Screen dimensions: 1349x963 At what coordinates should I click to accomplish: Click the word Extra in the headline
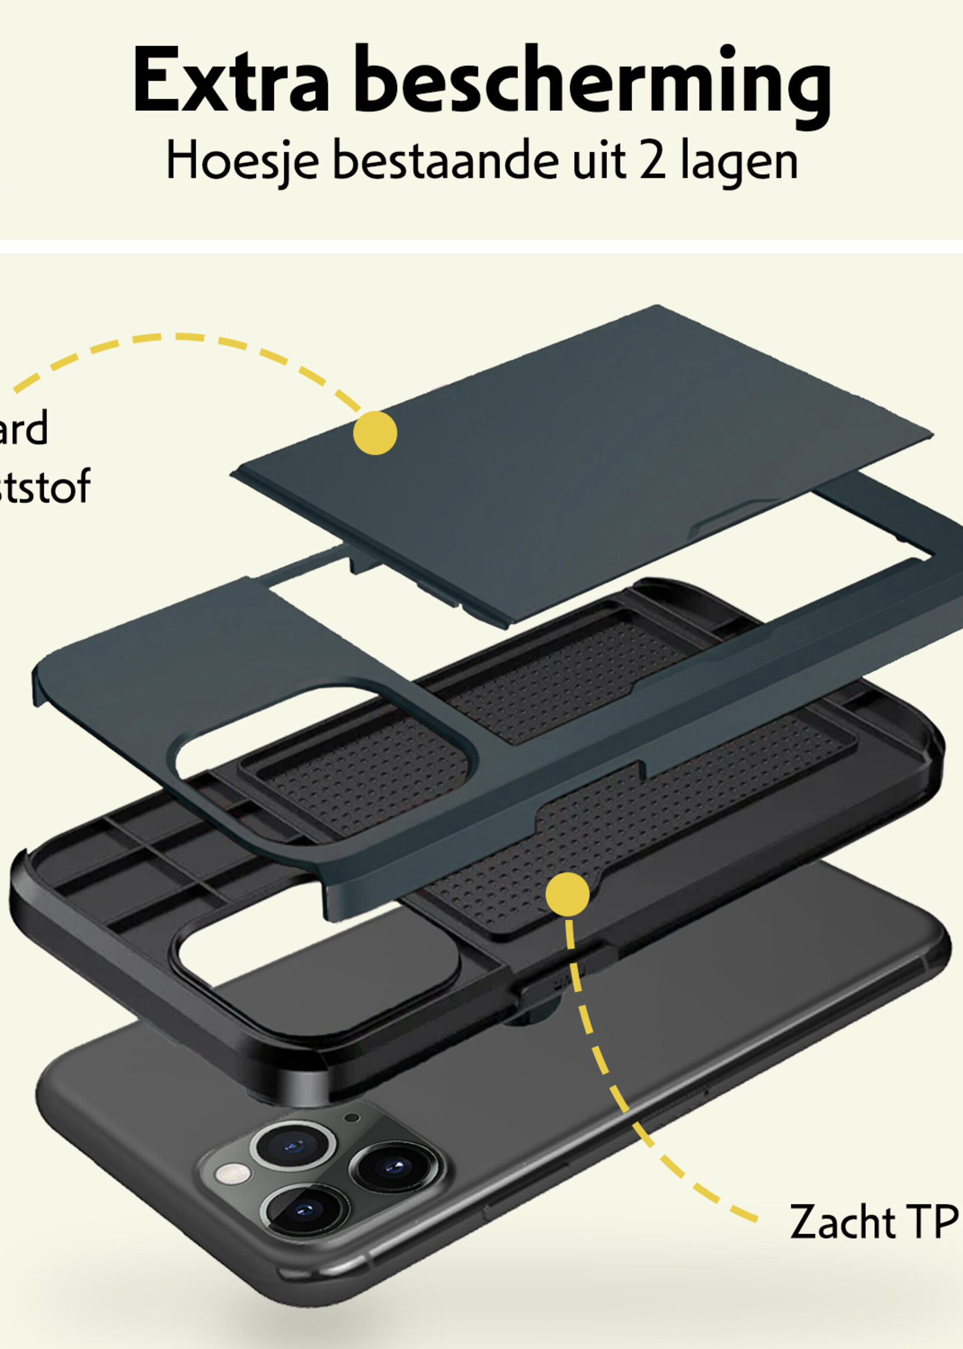click(230, 80)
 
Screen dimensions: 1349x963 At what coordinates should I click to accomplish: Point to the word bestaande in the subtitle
click(445, 160)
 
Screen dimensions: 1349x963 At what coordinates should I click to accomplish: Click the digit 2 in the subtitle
click(653, 160)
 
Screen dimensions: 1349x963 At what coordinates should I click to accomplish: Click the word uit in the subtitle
click(598, 160)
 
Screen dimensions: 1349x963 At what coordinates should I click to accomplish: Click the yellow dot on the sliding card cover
click(375, 433)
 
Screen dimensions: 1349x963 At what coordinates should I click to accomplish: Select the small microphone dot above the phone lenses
click(352, 1117)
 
